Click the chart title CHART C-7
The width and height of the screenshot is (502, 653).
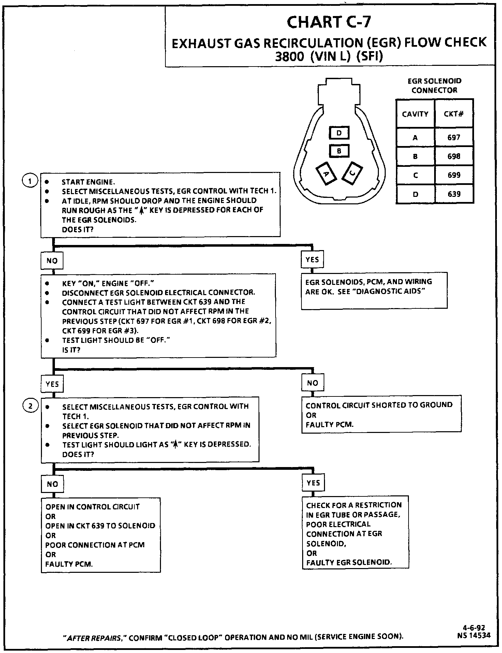329,22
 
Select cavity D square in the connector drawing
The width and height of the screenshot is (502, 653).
339,133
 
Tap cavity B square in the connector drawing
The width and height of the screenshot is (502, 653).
339,150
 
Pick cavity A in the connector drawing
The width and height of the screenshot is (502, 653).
326,174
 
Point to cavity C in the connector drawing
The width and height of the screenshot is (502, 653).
353,173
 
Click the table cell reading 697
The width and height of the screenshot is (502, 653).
454,137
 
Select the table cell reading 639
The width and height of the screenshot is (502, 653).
454,194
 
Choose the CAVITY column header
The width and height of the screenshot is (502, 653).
415,114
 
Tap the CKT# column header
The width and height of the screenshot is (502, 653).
454,114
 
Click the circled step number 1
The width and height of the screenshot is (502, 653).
30,181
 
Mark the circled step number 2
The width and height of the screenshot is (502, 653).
30,406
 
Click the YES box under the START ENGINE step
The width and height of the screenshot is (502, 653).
312,260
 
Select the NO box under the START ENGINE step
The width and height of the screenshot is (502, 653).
52,261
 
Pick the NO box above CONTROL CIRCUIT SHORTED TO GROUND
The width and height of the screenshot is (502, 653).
312,383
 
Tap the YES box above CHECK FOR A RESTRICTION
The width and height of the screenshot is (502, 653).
313,483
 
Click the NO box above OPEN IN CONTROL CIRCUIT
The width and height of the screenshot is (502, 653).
53,484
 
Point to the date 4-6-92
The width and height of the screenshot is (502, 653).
474,628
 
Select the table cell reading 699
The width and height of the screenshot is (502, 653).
454,175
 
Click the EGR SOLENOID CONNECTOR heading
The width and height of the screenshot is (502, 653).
434,86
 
